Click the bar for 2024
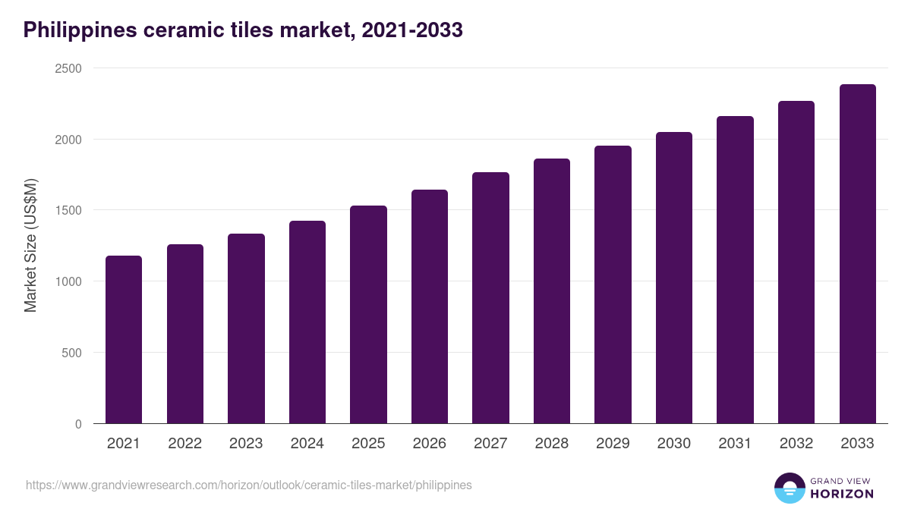(x=307, y=322)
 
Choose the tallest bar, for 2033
(x=857, y=254)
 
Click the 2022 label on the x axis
(x=184, y=444)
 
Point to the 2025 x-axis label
(x=368, y=444)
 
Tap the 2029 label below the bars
(x=613, y=444)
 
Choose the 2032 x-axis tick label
(x=796, y=444)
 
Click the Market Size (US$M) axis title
(x=30, y=246)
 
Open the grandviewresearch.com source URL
(x=249, y=485)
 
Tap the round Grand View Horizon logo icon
(x=790, y=488)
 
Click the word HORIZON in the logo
(x=842, y=494)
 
